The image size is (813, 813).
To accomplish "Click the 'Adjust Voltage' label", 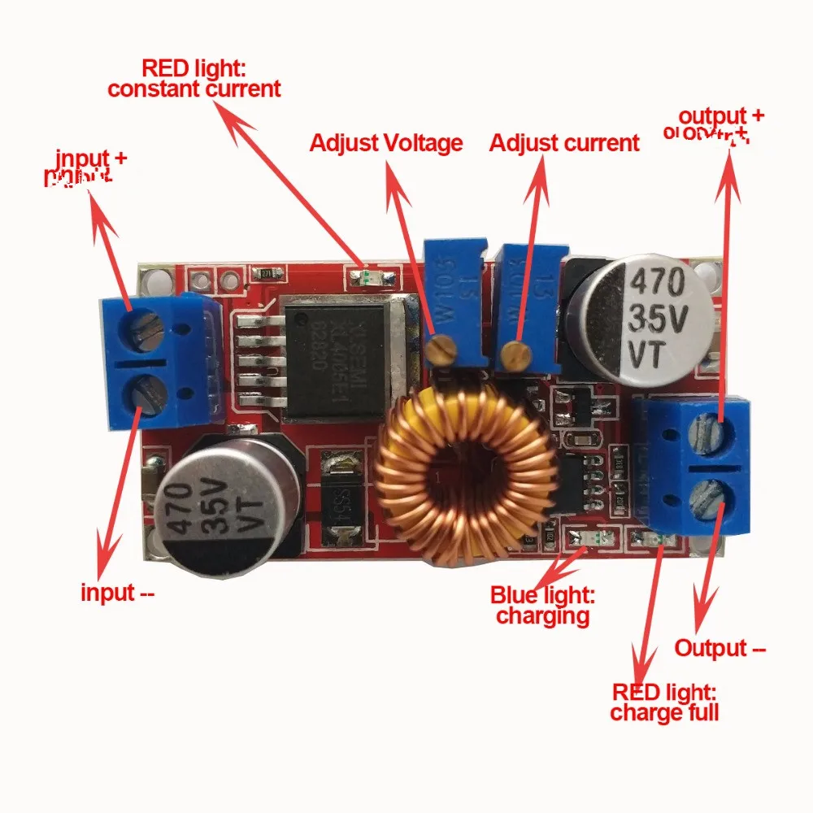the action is click(x=386, y=144).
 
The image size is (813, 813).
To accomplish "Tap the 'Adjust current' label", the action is click(x=564, y=144).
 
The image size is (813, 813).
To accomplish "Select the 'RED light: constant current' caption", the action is click(x=194, y=78).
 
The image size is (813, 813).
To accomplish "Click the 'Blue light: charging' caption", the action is click(x=542, y=606).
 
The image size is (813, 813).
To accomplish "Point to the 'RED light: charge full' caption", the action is click(x=664, y=703).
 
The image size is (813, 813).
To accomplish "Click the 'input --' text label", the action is click(x=117, y=593).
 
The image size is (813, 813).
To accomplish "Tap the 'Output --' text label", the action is click(x=720, y=648).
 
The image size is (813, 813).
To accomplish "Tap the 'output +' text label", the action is click(x=721, y=115).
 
